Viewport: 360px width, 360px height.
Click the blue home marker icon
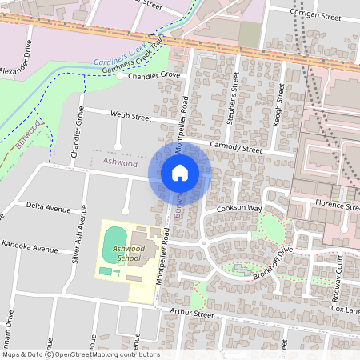[180, 172]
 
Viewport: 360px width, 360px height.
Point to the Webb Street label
[131, 118]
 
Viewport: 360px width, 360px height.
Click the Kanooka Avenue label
[30, 246]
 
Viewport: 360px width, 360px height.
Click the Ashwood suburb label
[120, 162]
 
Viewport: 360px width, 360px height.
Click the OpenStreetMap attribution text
[80, 354]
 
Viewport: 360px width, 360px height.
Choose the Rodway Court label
[338, 274]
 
